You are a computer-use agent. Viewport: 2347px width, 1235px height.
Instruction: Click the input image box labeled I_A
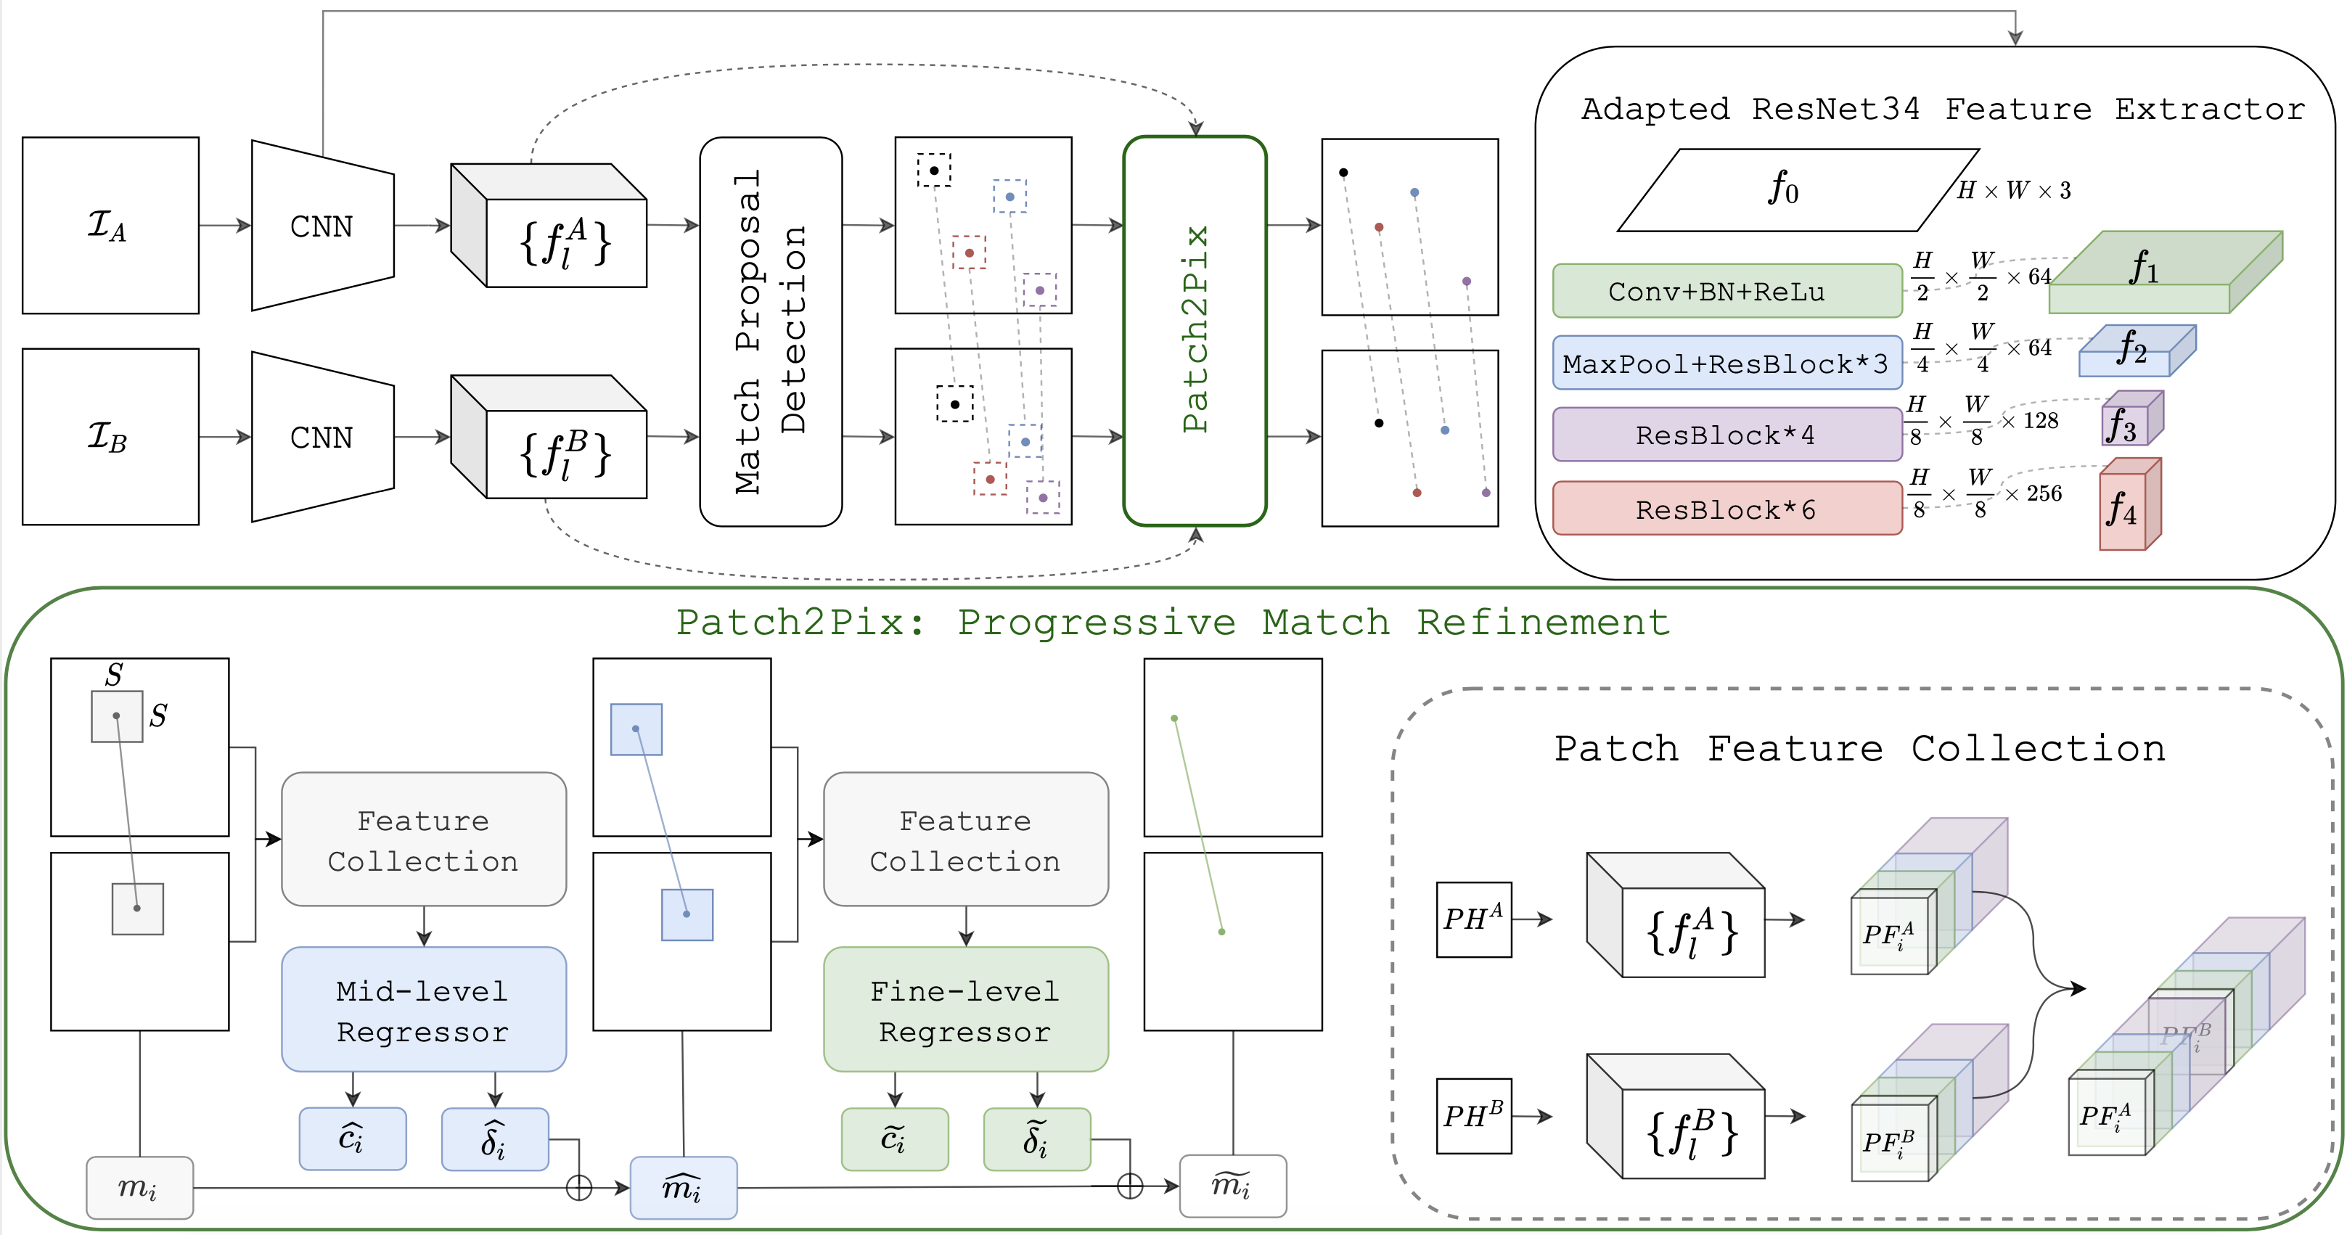(x=110, y=225)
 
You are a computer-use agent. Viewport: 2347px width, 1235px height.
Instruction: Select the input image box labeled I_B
(x=110, y=436)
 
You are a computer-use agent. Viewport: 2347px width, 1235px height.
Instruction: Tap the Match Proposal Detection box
(x=770, y=332)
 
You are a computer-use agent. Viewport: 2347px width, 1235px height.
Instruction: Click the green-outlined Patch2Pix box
(x=1195, y=331)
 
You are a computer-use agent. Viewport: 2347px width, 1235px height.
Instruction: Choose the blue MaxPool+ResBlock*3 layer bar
(x=1727, y=364)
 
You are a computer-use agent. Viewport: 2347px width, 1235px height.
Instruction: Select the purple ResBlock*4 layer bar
(x=1727, y=435)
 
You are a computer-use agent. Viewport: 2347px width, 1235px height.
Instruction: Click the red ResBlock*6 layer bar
(x=1727, y=508)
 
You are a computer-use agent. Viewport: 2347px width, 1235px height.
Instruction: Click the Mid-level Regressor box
(x=423, y=1010)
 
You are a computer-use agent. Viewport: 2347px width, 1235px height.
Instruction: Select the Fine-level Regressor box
(x=965, y=1010)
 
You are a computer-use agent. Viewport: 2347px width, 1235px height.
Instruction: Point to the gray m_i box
(x=139, y=1186)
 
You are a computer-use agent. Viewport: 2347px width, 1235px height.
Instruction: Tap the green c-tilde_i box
(x=894, y=1138)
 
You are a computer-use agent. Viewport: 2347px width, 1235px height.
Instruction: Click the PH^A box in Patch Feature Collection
(x=1473, y=919)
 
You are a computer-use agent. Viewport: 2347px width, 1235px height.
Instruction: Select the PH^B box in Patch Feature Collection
(x=1473, y=1116)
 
